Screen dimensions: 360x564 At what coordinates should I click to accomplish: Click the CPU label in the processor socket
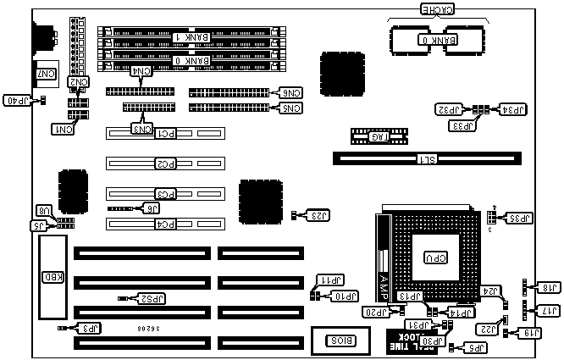point(436,258)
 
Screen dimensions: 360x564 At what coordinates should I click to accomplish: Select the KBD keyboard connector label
point(50,276)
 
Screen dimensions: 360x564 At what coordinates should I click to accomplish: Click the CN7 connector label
point(46,75)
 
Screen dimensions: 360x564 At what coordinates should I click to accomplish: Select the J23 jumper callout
point(317,215)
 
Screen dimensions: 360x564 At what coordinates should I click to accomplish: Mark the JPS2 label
point(152,298)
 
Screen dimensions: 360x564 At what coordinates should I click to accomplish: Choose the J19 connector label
point(534,333)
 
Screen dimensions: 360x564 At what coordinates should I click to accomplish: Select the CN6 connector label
point(290,92)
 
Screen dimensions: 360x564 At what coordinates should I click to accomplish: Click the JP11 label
point(330,280)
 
